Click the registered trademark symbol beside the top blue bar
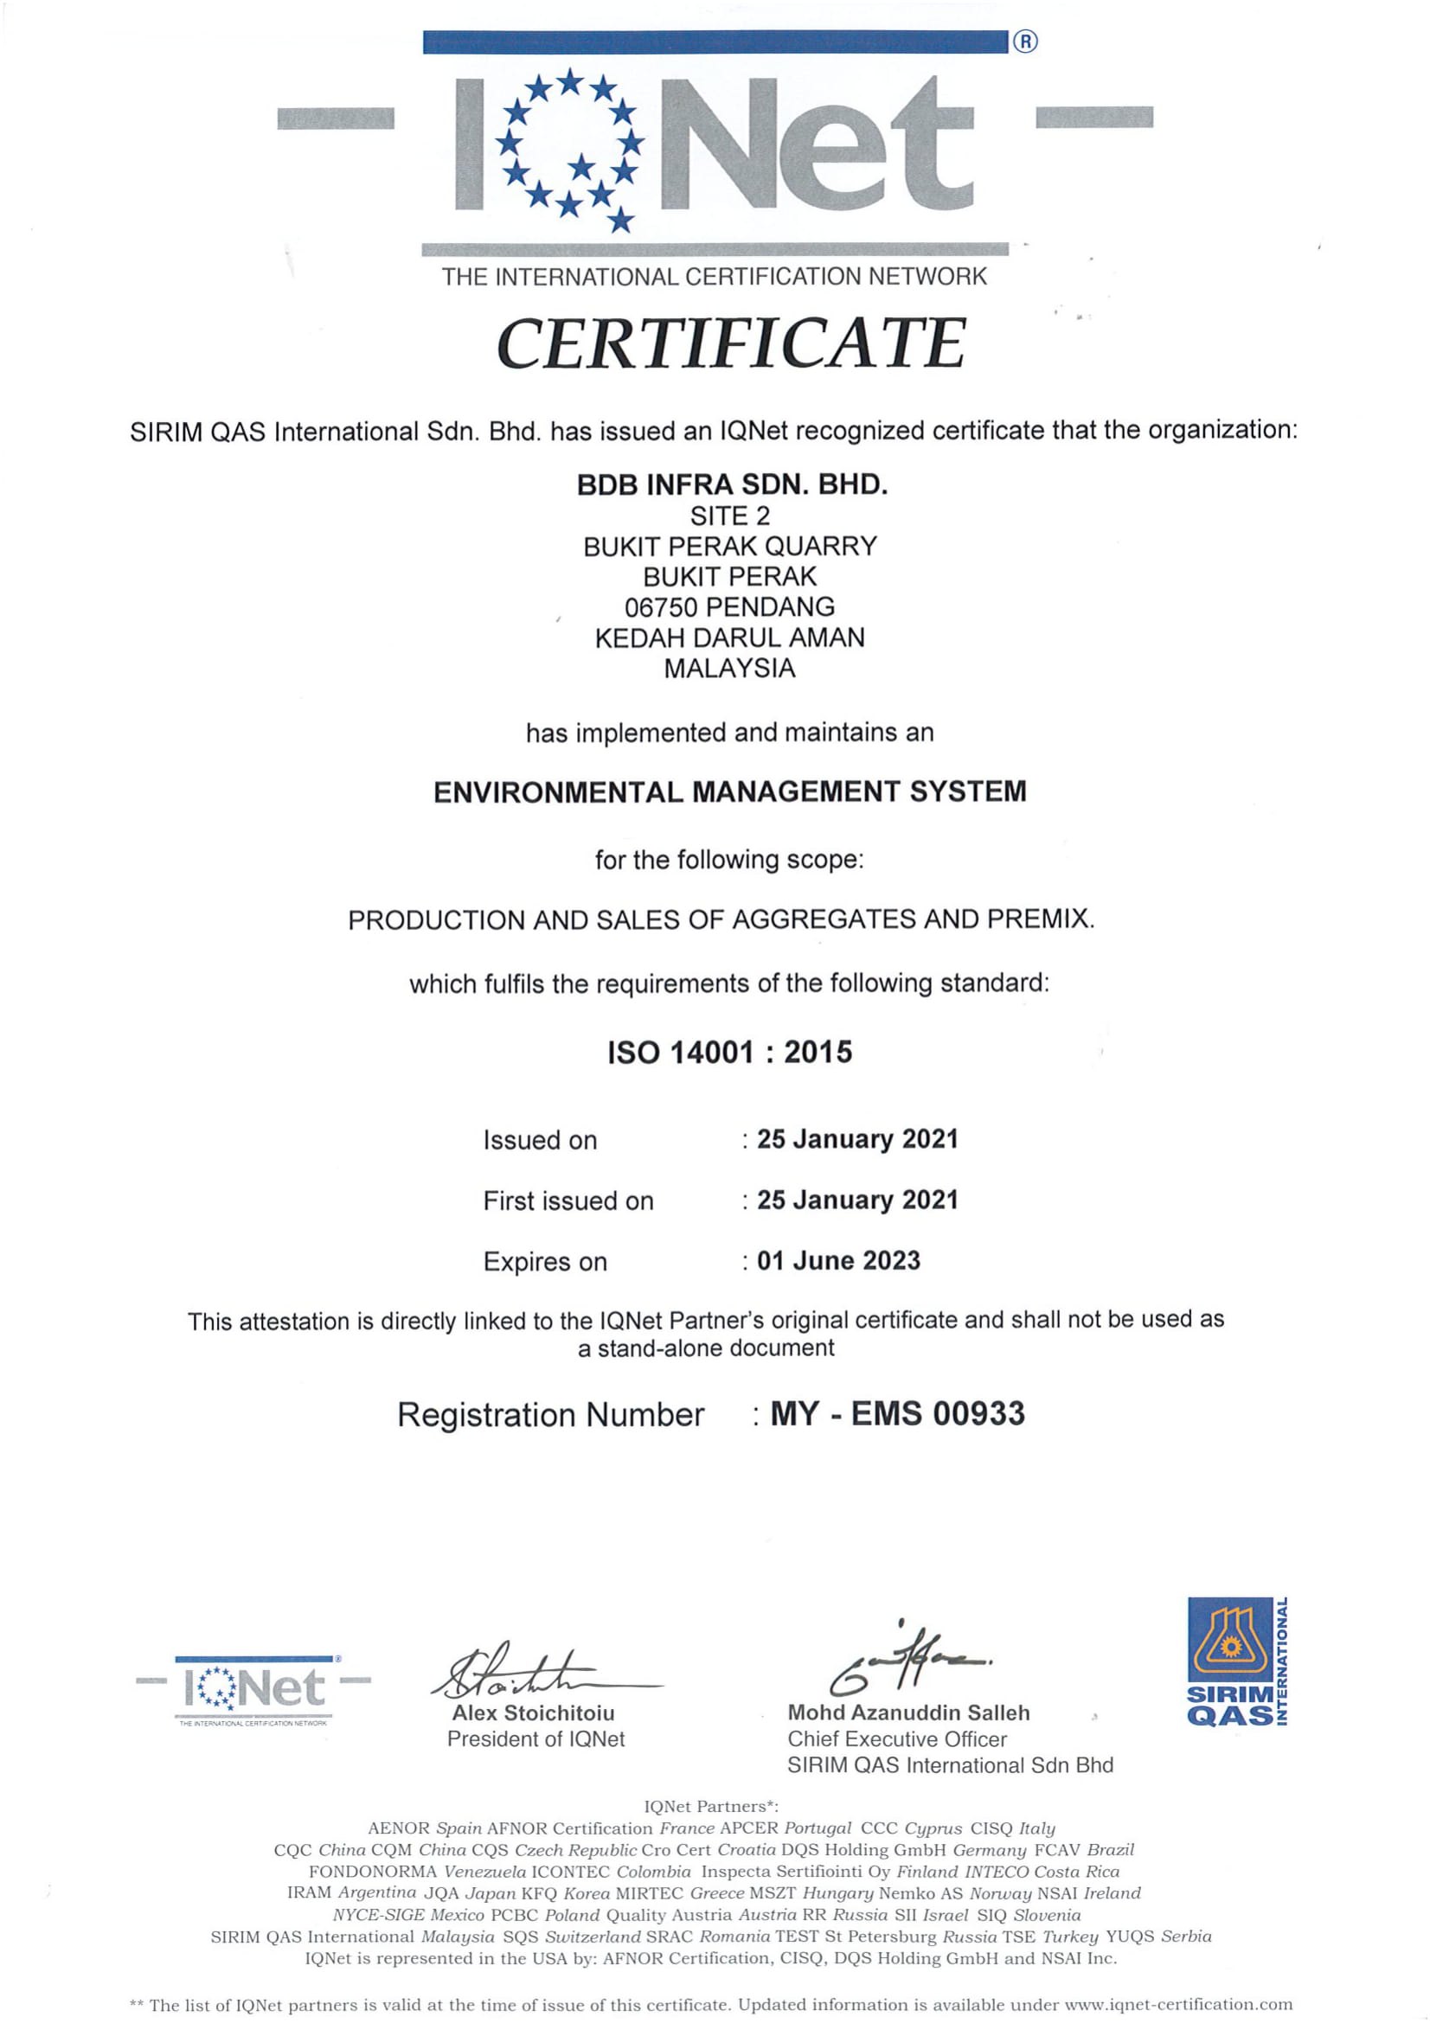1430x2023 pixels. tap(1024, 42)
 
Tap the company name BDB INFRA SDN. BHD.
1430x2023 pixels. tap(731, 484)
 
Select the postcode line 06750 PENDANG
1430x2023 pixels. tap(729, 607)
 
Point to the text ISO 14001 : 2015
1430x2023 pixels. tap(729, 1052)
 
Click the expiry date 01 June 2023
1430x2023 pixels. tap(838, 1261)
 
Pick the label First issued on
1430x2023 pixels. tap(568, 1201)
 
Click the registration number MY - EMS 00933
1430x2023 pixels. tap(897, 1414)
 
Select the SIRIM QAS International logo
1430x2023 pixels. tap(1236, 1661)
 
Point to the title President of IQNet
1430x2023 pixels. tap(535, 1739)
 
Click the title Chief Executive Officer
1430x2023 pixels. tap(897, 1739)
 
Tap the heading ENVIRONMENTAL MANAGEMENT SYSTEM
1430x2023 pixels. tap(729, 791)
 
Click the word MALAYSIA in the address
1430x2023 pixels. tap(729, 669)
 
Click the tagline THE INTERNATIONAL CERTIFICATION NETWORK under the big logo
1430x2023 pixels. tap(714, 277)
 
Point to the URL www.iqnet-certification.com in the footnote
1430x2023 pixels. tap(1178, 2005)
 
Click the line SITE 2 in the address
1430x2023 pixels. tap(729, 515)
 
